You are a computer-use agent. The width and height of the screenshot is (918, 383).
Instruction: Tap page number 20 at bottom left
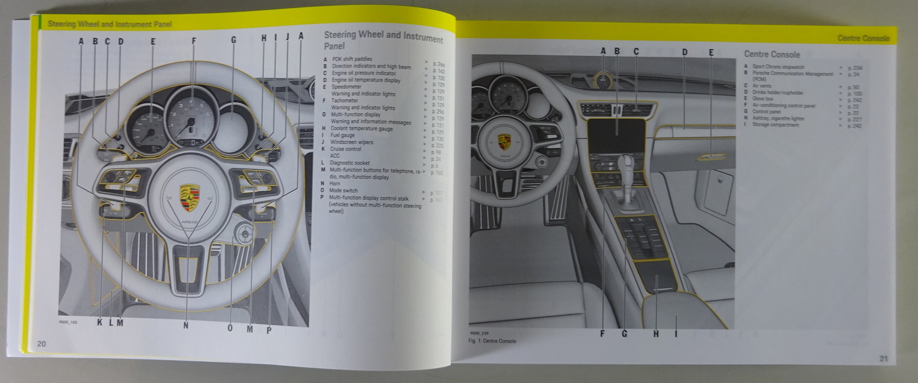pos(41,343)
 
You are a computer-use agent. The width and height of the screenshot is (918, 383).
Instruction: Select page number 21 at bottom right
pos(884,359)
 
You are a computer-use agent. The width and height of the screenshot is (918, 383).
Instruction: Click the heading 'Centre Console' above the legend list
pos(772,55)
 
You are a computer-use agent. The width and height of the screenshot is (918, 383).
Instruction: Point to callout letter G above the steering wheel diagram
pos(234,40)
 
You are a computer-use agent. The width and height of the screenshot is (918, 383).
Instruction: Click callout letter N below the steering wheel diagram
pos(186,326)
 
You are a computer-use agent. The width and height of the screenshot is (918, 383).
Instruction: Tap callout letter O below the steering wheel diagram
pos(230,328)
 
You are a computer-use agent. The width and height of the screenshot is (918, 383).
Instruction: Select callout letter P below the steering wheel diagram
pos(269,330)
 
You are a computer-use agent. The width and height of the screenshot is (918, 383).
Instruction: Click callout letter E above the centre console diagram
pos(711,53)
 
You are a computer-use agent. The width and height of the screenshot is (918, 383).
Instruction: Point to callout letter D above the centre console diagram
pos(684,52)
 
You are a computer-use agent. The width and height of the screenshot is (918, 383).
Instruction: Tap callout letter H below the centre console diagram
pos(656,334)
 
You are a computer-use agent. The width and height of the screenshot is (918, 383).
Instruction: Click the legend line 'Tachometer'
pos(344,100)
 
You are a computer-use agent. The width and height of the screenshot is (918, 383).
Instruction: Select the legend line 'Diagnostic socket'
pos(350,163)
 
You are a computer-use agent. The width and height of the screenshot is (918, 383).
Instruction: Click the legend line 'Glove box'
pos(763,99)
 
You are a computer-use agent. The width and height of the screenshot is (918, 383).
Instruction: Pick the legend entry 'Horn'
pos(334,184)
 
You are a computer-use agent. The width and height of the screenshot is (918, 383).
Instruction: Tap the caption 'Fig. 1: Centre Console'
pos(492,341)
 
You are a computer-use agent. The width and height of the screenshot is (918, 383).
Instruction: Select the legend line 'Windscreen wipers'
pos(351,142)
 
